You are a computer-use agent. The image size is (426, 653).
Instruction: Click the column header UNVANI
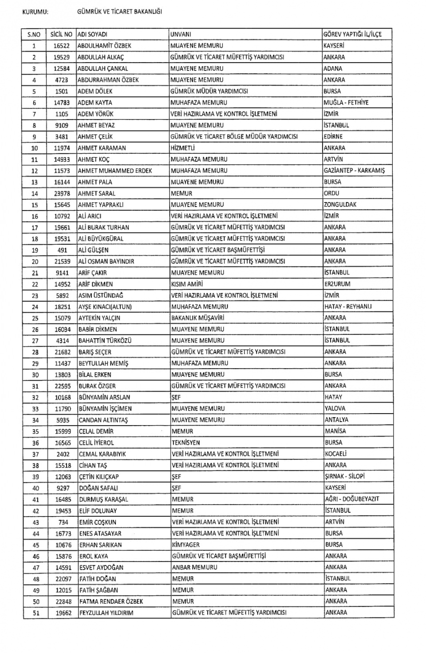tap(181, 34)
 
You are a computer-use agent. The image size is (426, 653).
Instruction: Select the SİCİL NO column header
tap(61, 34)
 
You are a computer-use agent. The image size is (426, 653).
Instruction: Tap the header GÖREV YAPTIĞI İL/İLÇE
tap(352, 34)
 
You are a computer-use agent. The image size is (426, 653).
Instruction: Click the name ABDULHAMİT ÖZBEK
tap(104, 46)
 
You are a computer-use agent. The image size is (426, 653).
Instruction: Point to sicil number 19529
tap(61, 57)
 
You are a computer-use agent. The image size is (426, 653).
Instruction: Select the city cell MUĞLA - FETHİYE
tap(346, 103)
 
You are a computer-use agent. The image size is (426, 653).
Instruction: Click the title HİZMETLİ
tap(183, 148)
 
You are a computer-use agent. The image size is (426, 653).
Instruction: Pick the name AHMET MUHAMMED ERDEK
tap(115, 171)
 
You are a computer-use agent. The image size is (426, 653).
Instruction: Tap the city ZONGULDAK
tap(340, 205)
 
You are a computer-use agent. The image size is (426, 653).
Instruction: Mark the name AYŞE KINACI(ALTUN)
tap(105, 307)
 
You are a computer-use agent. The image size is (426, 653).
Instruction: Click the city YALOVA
tap(335, 408)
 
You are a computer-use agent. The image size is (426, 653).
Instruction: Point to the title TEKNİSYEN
tap(186, 442)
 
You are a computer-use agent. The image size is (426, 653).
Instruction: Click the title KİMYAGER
tap(185, 545)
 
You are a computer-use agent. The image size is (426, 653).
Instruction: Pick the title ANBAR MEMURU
tap(195, 567)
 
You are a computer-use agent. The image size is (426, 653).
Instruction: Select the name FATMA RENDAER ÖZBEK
tap(111, 601)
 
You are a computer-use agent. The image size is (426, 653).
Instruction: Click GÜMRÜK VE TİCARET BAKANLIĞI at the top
tap(119, 12)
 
